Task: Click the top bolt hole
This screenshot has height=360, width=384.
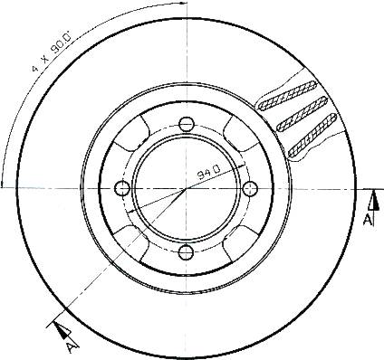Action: (187, 124)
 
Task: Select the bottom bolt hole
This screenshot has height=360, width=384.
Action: (186, 252)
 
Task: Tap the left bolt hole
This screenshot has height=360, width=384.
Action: (122, 188)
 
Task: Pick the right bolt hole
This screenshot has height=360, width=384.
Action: (250, 188)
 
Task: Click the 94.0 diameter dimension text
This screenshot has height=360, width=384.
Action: (209, 173)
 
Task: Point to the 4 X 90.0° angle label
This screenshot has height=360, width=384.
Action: (52, 52)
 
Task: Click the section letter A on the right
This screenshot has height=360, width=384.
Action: (368, 220)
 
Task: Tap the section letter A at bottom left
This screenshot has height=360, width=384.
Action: (72, 347)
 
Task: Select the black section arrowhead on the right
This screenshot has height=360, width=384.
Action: (375, 200)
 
